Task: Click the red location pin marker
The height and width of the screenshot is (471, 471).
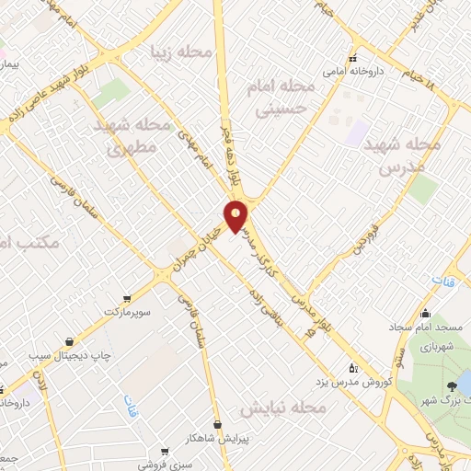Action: [236, 215]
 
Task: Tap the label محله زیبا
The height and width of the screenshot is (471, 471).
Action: [185, 52]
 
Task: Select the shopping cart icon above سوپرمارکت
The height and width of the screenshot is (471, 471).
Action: [127, 299]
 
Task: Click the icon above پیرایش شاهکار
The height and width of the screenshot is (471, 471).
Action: [217, 424]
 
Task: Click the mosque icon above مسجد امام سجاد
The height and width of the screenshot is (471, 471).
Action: [424, 313]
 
